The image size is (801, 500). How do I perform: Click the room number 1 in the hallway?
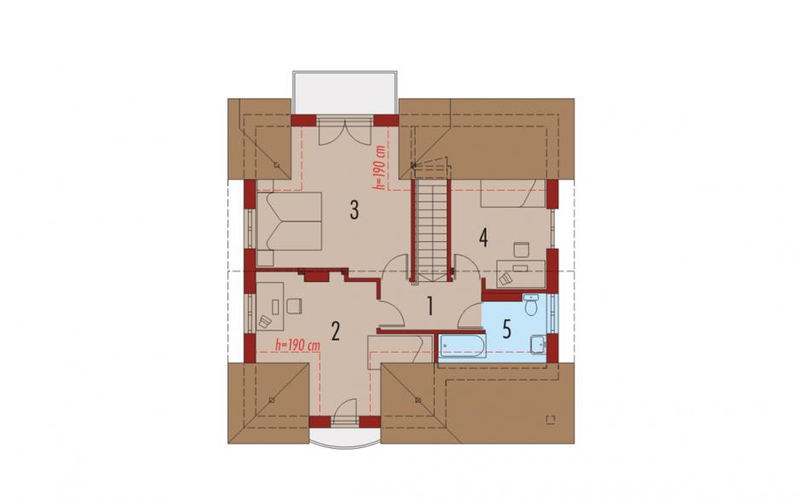pyautogui.click(x=430, y=307)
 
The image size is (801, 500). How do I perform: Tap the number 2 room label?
pyautogui.click(x=335, y=331)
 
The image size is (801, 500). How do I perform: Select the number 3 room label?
pyautogui.click(x=354, y=210)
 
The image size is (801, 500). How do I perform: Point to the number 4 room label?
pyautogui.click(x=483, y=238)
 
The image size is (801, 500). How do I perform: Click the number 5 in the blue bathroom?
pyautogui.click(x=507, y=330)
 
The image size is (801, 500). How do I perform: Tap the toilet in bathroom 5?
pyautogui.click(x=531, y=305)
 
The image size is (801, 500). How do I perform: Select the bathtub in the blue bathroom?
pyautogui.click(x=463, y=347)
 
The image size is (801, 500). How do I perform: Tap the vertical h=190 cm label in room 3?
pyautogui.click(x=378, y=168)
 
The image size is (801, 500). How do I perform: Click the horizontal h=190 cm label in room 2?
pyautogui.click(x=298, y=345)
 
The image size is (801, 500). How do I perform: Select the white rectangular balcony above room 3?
pyautogui.click(x=345, y=93)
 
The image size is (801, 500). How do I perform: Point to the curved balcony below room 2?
pyautogui.click(x=345, y=440)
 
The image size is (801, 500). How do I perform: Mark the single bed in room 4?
pyautogui.click(x=513, y=193)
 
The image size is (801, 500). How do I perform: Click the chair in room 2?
pyautogui.click(x=294, y=306)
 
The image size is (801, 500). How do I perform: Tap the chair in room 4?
pyautogui.click(x=521, y=250)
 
